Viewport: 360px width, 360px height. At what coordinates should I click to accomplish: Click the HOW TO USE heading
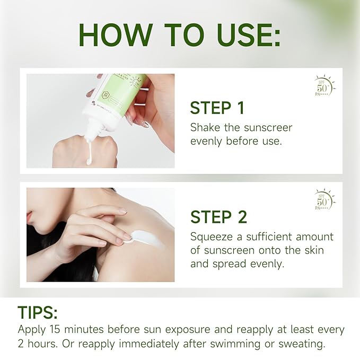(180, 35)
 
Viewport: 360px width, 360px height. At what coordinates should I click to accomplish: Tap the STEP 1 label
(217, 108)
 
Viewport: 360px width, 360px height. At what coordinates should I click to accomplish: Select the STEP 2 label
(218, 217)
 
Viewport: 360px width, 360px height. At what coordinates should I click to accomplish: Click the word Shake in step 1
(205, 128)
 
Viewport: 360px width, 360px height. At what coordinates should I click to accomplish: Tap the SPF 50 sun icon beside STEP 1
(323, 86)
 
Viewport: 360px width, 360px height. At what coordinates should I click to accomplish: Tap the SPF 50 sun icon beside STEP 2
(323, 200)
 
